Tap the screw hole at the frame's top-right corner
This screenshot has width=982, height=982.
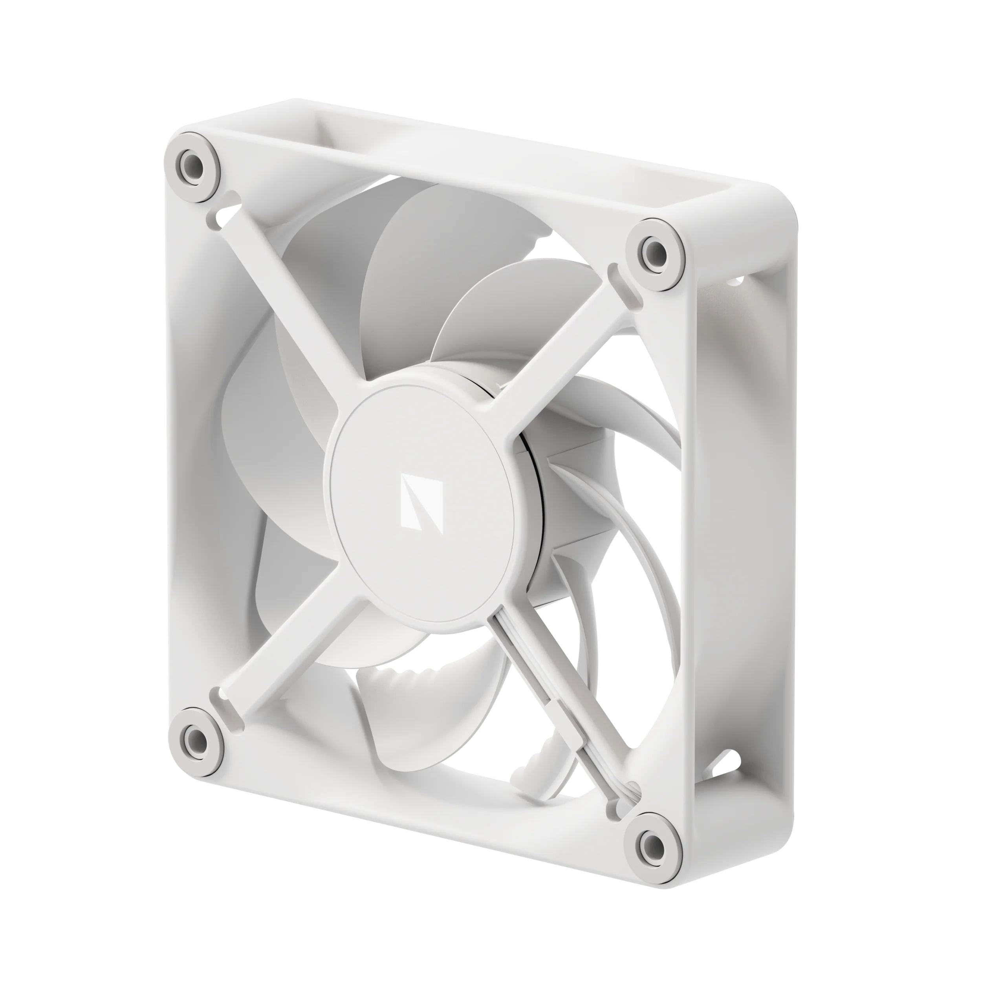(x=653, y=249)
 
